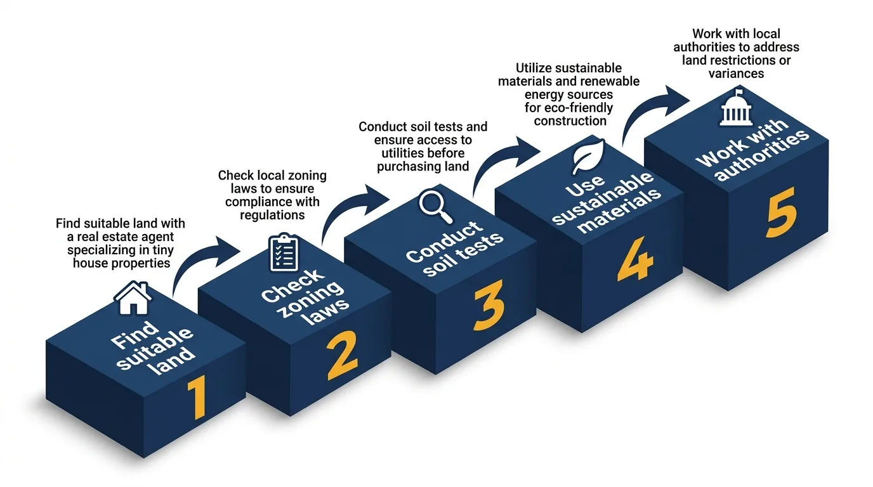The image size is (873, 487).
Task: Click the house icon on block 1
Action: click(x=133, y=299)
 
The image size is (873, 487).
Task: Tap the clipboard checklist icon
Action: click(x=283, y=252)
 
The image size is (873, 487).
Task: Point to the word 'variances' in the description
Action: click(x=736, y=73)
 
